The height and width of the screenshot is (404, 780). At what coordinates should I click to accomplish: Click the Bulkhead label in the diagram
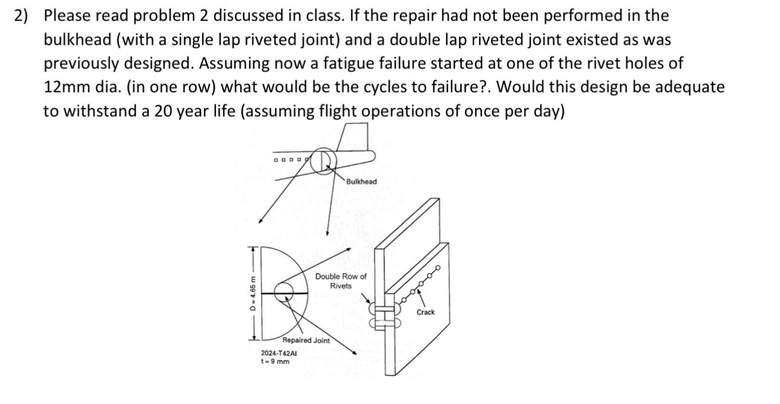point(361,181)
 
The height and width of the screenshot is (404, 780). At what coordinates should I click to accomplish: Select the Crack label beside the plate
point(425,312)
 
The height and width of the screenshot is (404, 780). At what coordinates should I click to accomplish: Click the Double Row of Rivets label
point(340,281)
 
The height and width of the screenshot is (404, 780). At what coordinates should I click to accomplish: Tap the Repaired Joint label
point(306,340)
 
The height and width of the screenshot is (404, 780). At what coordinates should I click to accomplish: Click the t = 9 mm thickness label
point(275,362)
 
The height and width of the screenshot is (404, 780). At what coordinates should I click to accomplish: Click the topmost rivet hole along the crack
point(437,267)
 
